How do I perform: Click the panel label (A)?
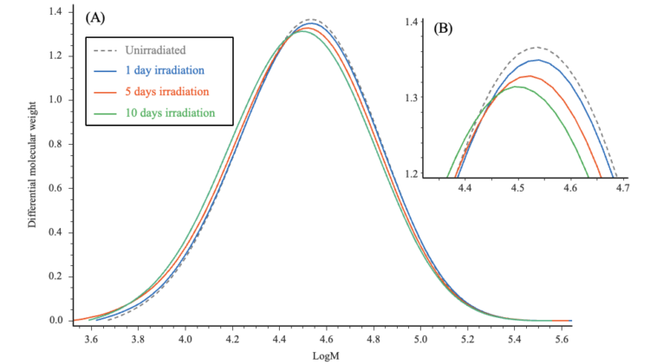point(97,17)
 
